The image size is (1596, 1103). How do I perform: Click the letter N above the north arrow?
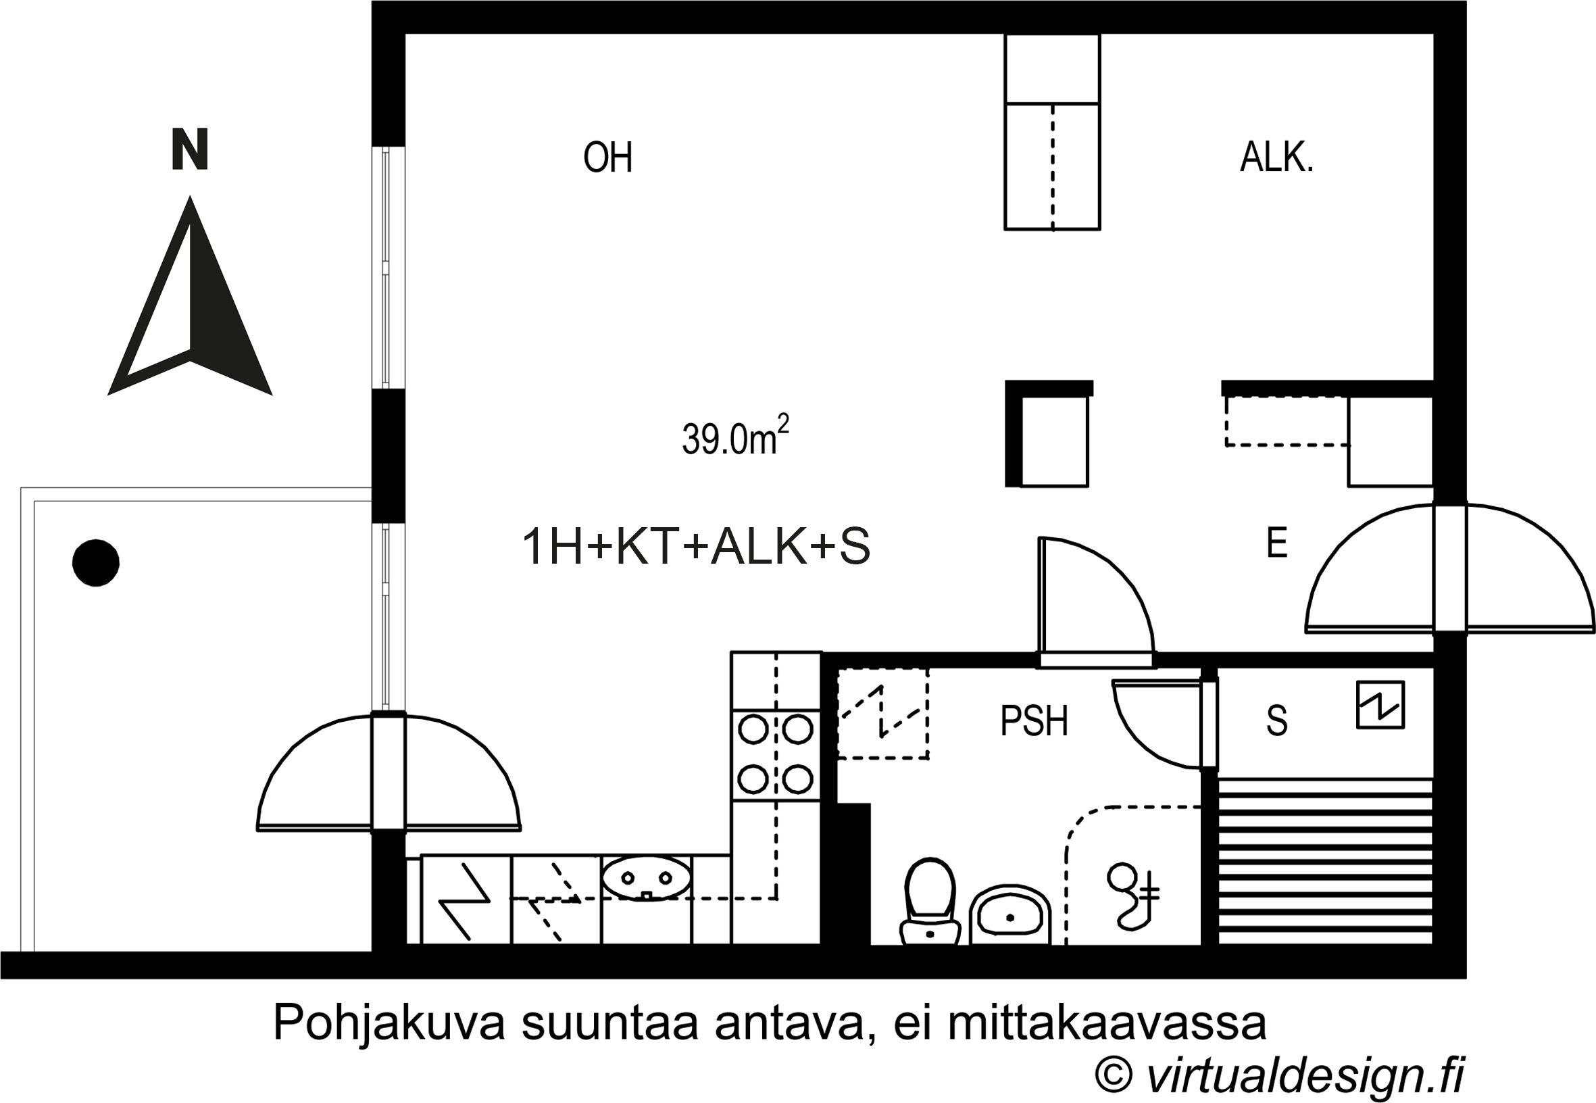[x=189, y=149]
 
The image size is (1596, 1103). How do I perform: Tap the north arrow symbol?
[x=190, y=304]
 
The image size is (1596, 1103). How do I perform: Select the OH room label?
[x=607, y=157]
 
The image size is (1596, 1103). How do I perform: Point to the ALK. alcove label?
[x=1276, y=158]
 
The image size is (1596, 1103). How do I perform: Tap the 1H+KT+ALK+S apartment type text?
[x=697, y=547]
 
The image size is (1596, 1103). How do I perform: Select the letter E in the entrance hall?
[x=1276, y=543]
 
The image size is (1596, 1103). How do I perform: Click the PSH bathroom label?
[x=1034, y=722]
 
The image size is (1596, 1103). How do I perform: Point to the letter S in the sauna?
[x=1276, y=722]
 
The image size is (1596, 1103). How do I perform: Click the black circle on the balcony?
[x=96, y=562]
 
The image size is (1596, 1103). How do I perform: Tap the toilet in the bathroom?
[x=930, y=901]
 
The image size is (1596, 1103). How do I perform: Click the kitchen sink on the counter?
[x=646, y=879]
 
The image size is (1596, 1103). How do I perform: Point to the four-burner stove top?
[x=775, y=756]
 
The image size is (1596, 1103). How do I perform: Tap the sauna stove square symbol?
[x=1380, y=705]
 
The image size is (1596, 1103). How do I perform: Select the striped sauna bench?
[x=1324, y=861]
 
